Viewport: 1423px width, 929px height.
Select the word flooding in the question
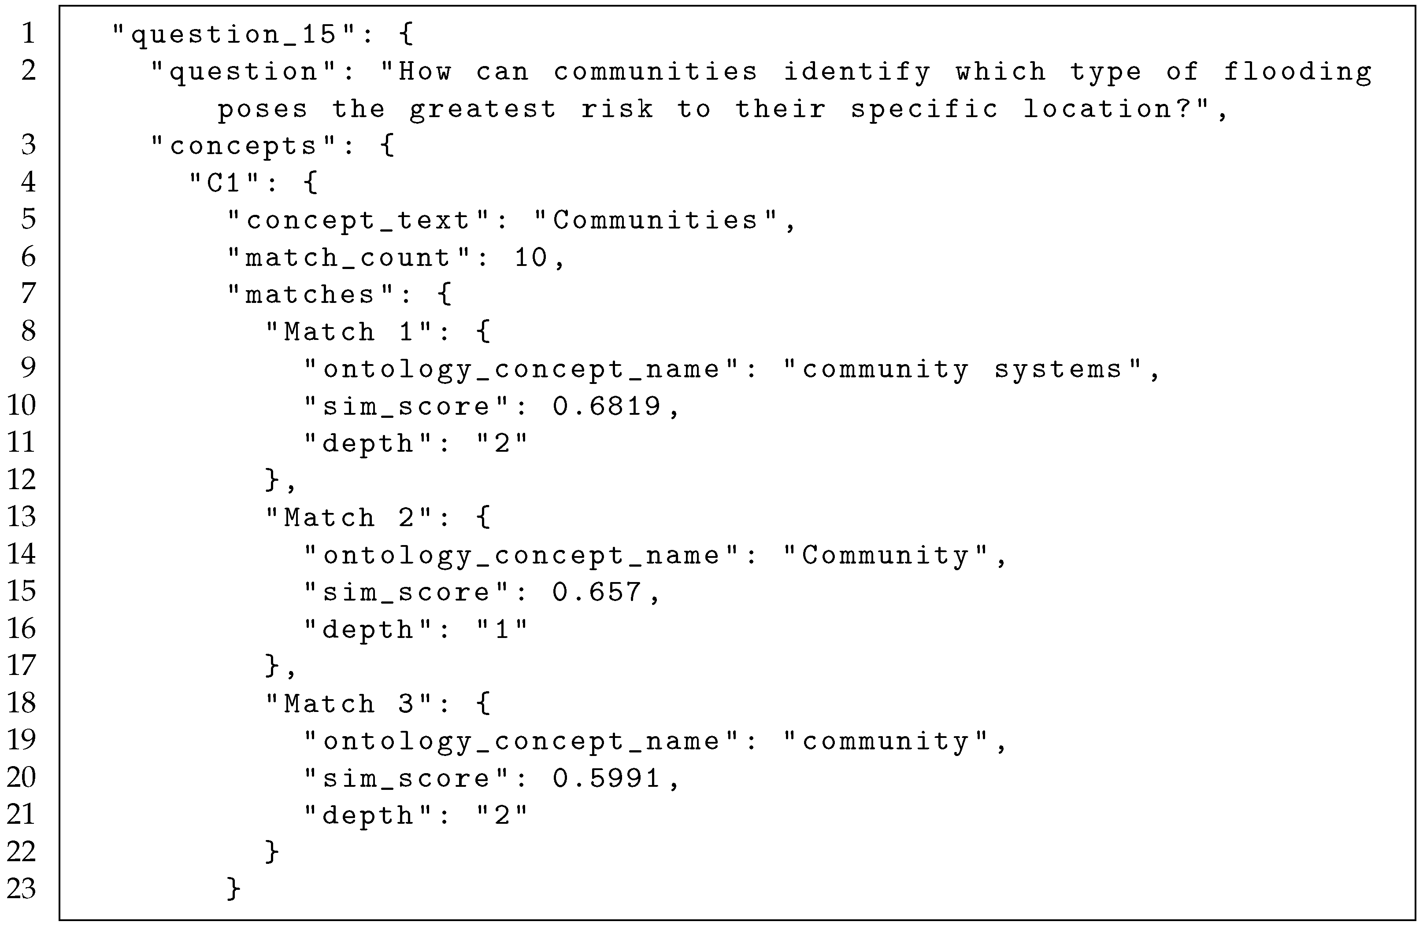(1297, 72)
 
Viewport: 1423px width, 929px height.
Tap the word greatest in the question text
(482, 109)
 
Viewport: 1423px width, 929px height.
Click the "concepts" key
(243, 146)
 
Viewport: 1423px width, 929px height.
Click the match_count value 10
(531, 258)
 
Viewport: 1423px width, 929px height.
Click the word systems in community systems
(1058, 370)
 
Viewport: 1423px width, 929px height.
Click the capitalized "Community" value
(885, 556)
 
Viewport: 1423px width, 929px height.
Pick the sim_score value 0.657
(597, 593)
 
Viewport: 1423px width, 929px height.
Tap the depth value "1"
(502, 630)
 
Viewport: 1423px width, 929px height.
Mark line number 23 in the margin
(22, 888)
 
